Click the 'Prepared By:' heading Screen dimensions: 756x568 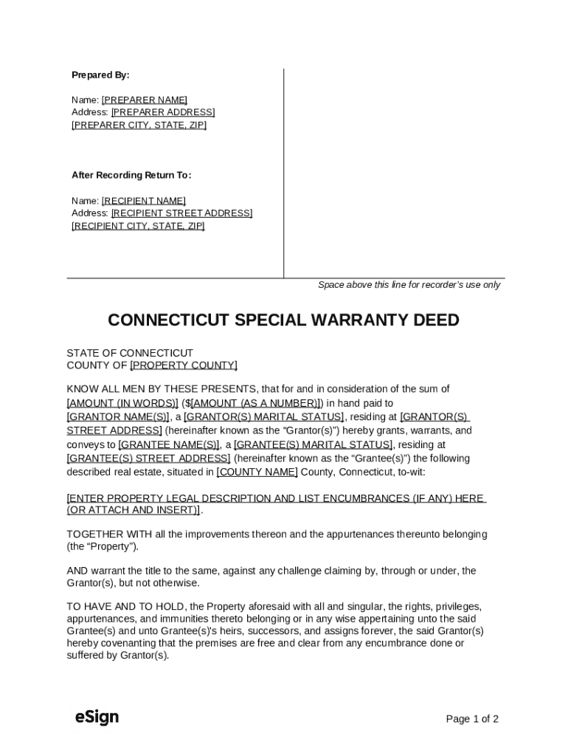[100, 75]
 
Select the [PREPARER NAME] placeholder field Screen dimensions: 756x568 [144, 100]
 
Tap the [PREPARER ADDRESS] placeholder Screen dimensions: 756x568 [162, 112]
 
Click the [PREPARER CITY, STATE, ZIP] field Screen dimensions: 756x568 [139, 125]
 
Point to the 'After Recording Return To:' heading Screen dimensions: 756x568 [131, 175]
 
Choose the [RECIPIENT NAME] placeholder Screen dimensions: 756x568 [143, 201]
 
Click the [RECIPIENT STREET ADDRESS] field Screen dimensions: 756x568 [181, 213]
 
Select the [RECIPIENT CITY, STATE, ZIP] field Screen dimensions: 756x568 [138, 226]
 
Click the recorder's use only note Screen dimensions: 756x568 [409, 285]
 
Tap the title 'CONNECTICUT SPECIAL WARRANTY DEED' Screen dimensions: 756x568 [283, 320]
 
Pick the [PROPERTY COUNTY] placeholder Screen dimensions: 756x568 [184, 365]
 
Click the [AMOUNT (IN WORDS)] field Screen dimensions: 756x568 [122, 403]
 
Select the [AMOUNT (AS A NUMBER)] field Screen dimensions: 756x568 [255, 403]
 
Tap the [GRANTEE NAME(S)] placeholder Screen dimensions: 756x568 [169, 444]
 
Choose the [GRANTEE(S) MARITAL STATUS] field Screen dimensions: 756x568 [313, 444]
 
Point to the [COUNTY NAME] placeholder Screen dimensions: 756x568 [257, 472]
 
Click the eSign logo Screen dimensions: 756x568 [97, 717]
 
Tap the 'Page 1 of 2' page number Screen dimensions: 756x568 [472, 719]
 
